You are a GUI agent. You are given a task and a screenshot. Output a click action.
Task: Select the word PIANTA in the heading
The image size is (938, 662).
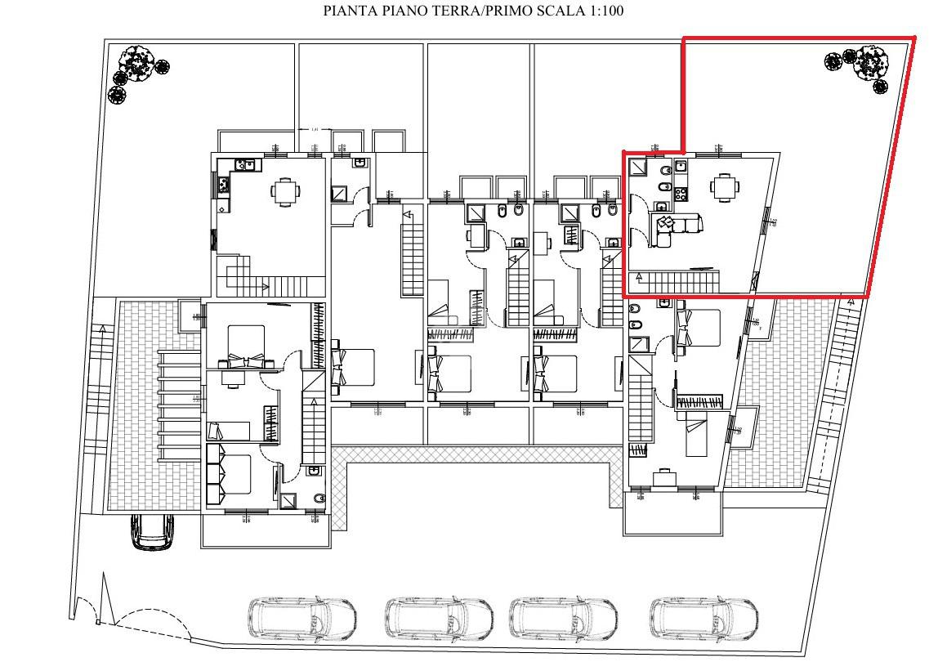(348, 11)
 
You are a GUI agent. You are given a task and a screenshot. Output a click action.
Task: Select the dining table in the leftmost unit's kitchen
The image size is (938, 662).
(284, 193)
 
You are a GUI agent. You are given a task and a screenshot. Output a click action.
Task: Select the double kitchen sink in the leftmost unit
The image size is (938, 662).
(244, 166)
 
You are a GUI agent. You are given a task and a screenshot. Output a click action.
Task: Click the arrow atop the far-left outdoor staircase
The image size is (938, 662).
(102, 329)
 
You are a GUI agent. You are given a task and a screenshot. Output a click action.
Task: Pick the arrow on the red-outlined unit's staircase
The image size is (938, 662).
(640, 279)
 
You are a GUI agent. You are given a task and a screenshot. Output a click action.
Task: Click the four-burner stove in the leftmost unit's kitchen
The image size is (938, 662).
(221, 185)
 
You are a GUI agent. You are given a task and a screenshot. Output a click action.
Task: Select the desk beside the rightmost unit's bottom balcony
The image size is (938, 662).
(663, 478)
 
